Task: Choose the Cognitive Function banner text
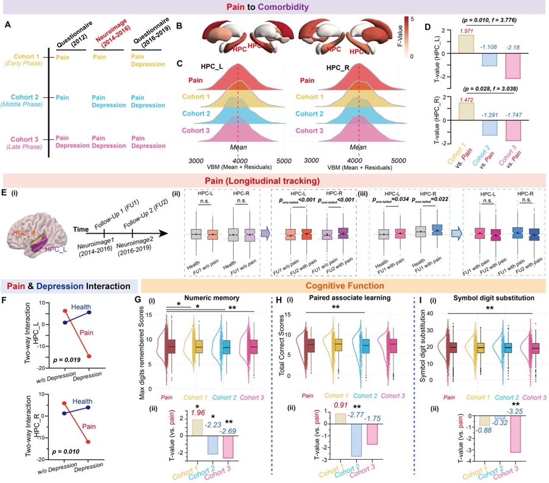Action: pos(344,286)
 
